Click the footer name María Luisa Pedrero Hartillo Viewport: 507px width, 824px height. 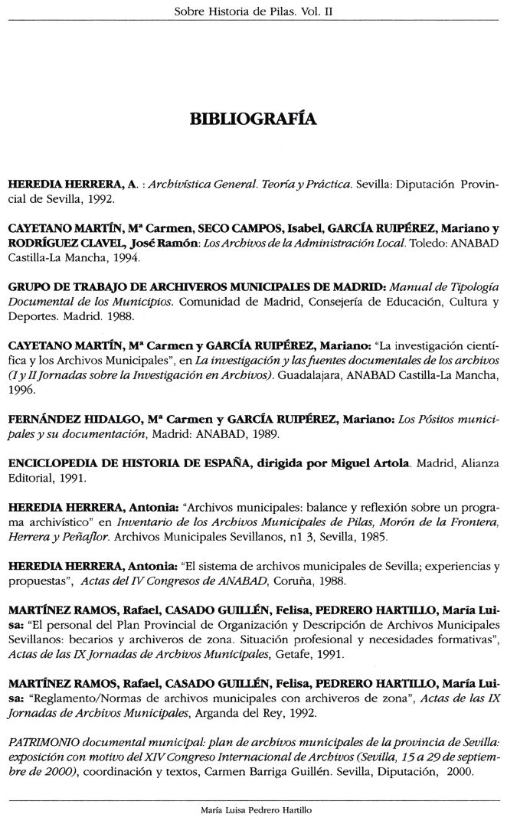(253, 809)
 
